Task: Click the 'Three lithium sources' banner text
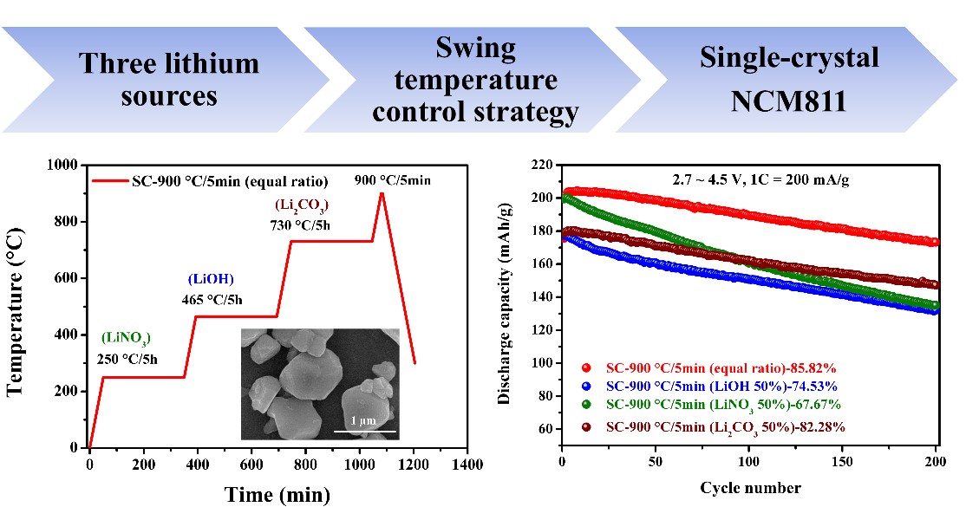pos(169,79)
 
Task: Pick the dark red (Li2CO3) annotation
pos(304,205)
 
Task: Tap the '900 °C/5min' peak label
pos(392,181)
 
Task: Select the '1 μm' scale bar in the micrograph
pos(365,430)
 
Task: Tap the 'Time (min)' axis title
pos(277,495)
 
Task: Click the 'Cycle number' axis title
pos(750,487)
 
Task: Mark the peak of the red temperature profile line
pos(381,192)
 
